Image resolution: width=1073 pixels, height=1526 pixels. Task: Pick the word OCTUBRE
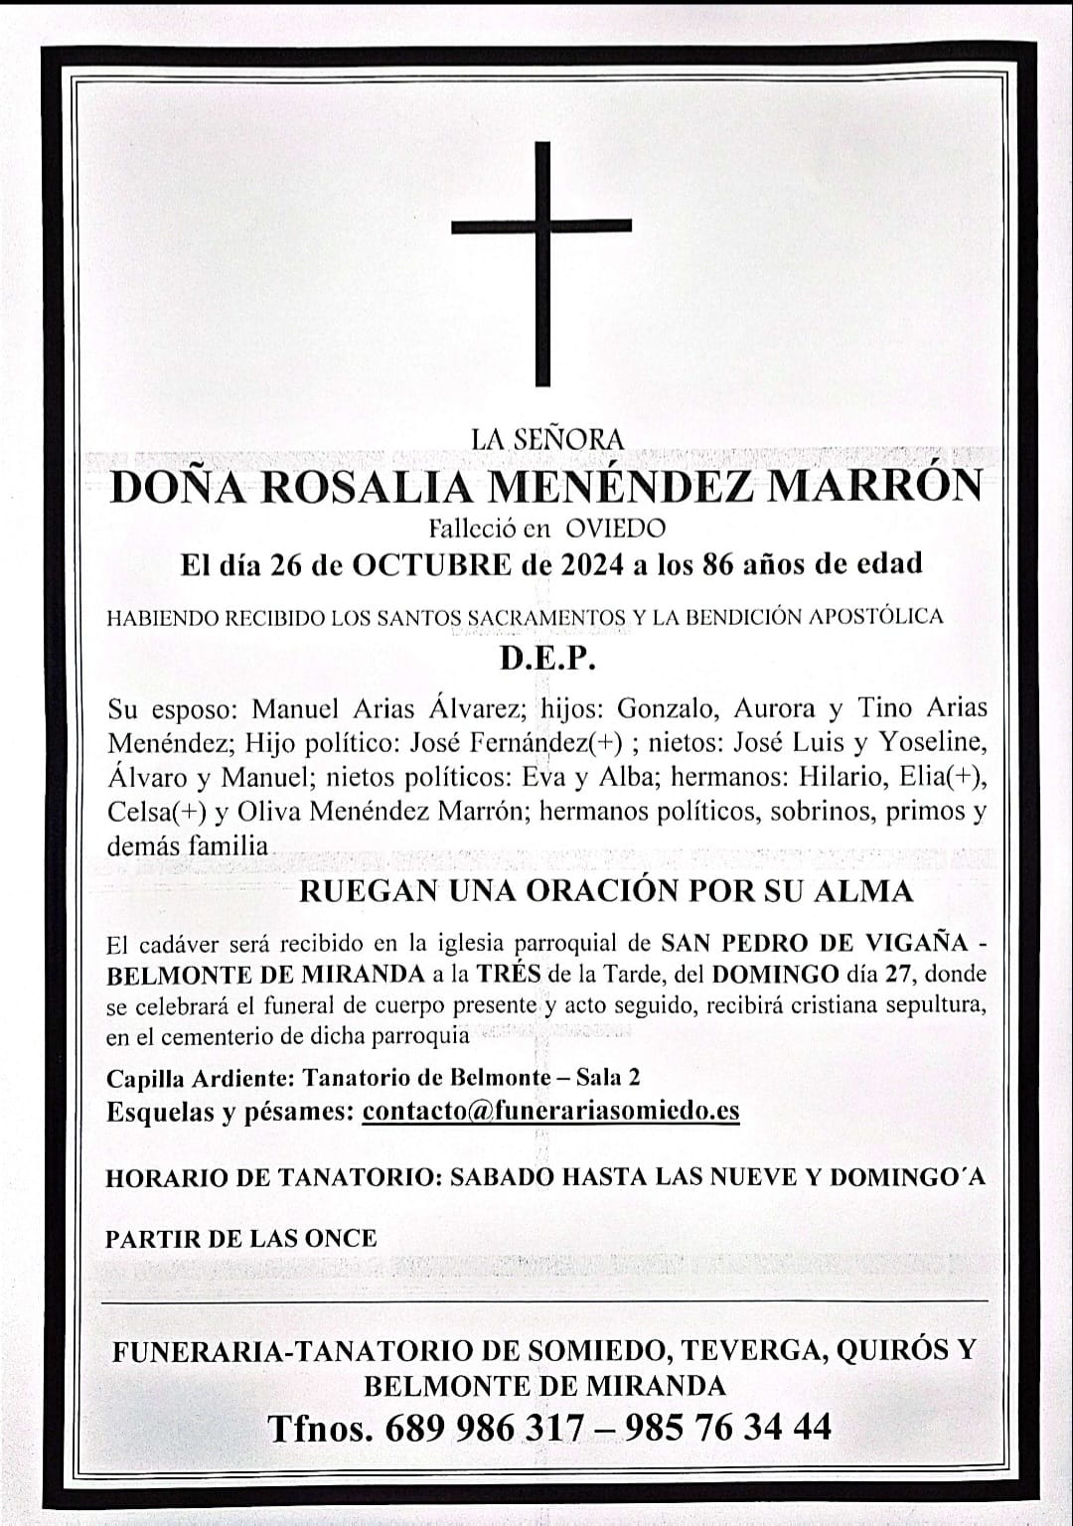(x=432, y=564)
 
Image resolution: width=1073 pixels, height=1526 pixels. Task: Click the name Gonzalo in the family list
(x=666, y=708)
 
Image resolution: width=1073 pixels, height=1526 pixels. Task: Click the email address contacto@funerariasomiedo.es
(x=550, y=1110)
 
